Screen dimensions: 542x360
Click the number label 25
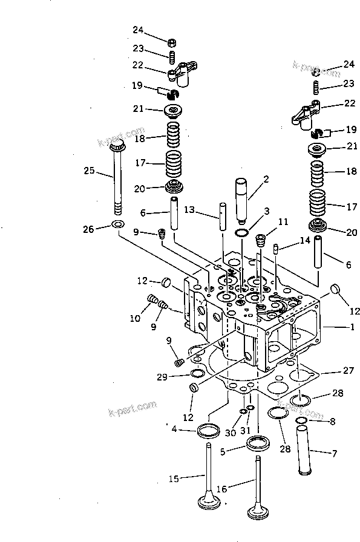pyautogui.click(x=88, y=172)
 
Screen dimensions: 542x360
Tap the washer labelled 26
pyautogui.click(x=119, y=226)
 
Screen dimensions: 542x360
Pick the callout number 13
pyautogui.click(x=190, y=209)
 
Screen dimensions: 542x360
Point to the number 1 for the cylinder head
pyautogui.click(x=350, y=327)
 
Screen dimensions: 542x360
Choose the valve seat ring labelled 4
pyautogui.click(x=209, y=431)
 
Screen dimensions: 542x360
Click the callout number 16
pyautogui.click(x=221, y=488)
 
